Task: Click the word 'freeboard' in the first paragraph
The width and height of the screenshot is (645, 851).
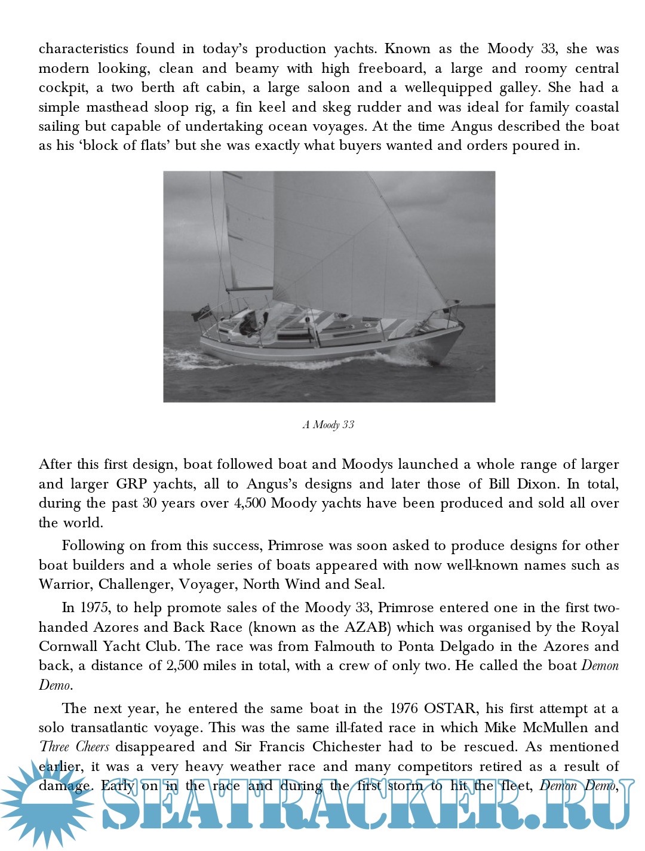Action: tap(391, 69)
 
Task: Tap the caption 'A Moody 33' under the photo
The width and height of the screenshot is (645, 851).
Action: tap(328, 425)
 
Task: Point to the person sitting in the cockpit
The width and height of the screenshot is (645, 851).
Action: tap(247, 324)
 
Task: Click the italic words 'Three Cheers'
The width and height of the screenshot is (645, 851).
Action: tap(75, 747)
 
